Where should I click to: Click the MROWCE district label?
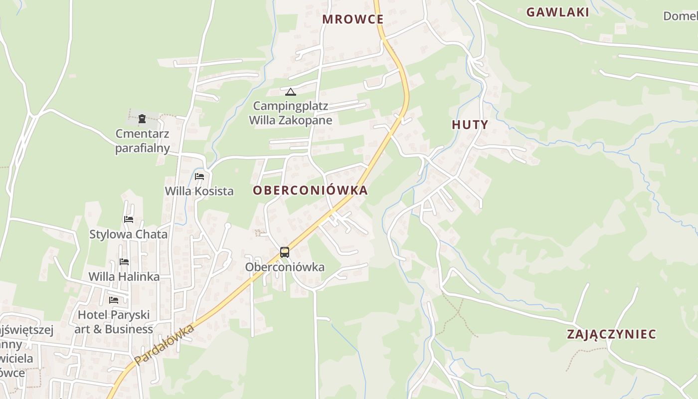pos(353,19)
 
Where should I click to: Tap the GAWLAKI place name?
pos(558,12)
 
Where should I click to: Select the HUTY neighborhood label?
pos(470,125)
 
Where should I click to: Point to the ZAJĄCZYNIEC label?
pos(611,334)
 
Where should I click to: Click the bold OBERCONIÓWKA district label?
pos(310,191)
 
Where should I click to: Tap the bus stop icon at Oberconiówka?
pos(285,252)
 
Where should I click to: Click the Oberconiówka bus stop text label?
pos(285,267)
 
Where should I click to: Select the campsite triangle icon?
pos(290,92)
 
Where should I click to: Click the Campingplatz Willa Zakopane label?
pos(291,113)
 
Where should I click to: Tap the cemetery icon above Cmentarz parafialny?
pos(142,119)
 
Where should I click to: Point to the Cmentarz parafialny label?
pos(143,141)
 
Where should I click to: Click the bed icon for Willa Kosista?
pos(199,177)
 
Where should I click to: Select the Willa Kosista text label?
pos(199,191)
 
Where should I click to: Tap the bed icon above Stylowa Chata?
pos(129,219)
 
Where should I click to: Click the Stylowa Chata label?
pos(129,234)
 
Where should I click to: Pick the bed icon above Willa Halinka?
pos(124,261)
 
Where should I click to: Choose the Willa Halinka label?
pos(124,277)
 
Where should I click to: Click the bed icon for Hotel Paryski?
pos(114,300)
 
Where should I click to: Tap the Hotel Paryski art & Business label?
pos(114,322)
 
